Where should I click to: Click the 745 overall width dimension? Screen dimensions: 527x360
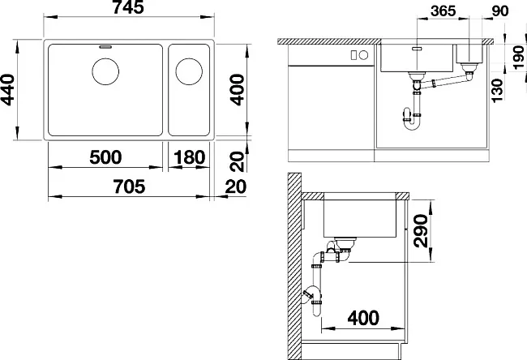point(129,7)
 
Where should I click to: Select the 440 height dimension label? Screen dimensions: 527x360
point(7,90)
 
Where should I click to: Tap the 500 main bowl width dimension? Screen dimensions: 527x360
point(105,157)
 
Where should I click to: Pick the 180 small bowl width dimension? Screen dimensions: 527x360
point(189,157)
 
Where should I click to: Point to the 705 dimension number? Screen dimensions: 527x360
point(129,186)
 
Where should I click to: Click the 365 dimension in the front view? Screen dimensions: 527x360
point(443,11)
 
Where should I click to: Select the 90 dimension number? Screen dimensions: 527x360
point(500,11)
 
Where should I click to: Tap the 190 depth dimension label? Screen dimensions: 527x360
point(519,58)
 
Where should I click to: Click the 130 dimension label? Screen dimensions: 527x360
point(498,91)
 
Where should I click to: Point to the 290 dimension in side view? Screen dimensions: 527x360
point(421,231)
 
